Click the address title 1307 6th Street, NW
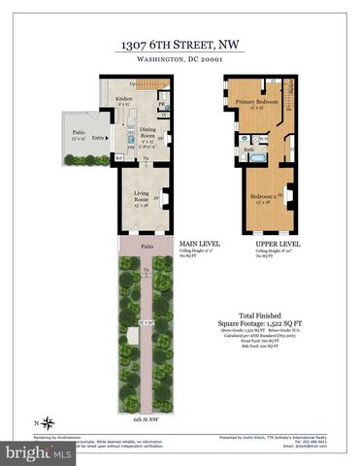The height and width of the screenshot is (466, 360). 180,45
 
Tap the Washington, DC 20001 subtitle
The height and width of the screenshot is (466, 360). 180,60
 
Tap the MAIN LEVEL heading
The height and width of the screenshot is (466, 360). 195,244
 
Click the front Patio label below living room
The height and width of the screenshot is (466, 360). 146,247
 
